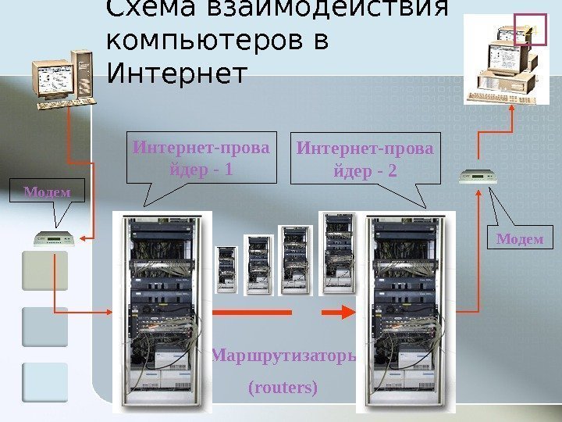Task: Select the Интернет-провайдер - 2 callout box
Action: click(x=365, y=158)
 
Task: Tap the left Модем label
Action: click(x=46, y=191)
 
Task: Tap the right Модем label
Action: click(x=520, y=238)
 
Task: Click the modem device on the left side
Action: click(x=53, y=238)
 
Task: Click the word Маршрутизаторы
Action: click(x=283, y=357)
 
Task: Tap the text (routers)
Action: click(x=283, y=387)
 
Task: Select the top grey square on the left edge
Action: click(x=45, y=270)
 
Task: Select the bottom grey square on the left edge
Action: click(x=45, y=382)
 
